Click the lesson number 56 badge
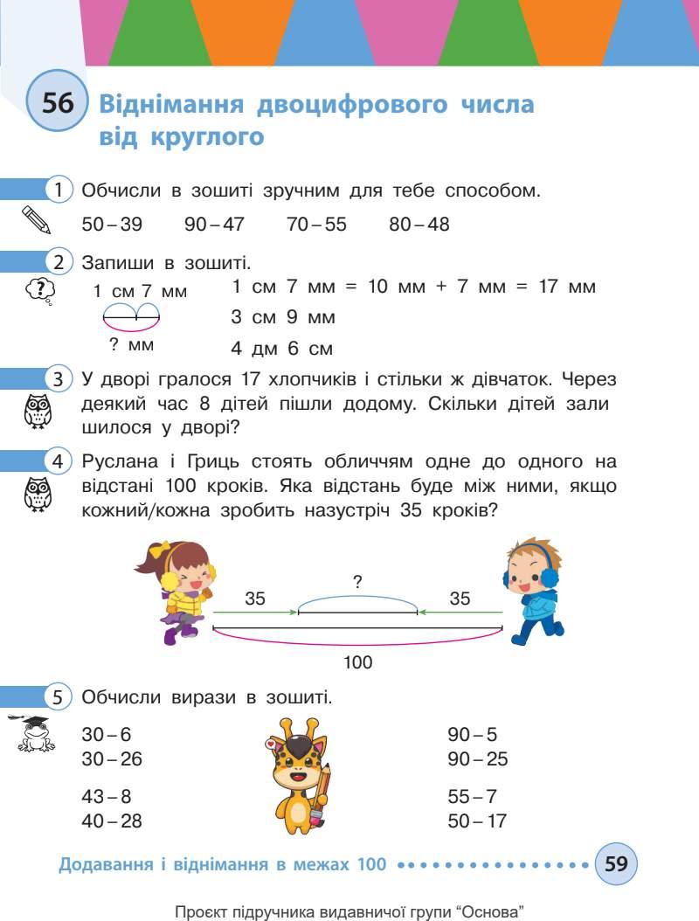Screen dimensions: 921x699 click(58, 104)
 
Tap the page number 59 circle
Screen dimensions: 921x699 click(616, 864)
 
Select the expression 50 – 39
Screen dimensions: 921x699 click(112, 225)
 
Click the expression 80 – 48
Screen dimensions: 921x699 click(419, 225)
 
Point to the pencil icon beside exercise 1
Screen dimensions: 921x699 click(36, 219)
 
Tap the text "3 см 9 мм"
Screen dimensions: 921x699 click(283, 317)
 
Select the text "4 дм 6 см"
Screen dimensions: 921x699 click(282, 350)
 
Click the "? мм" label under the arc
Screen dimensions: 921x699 click(132, 345)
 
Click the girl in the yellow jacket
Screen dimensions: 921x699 click(179, 591)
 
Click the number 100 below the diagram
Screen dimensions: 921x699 click(358, 662)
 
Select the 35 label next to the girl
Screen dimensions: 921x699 click(255, 599)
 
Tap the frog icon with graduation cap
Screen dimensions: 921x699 click(36, 734)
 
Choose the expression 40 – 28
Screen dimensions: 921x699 click(112, 821)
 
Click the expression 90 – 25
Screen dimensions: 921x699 click(477, 759)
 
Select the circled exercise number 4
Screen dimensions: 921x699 click(58, 460)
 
